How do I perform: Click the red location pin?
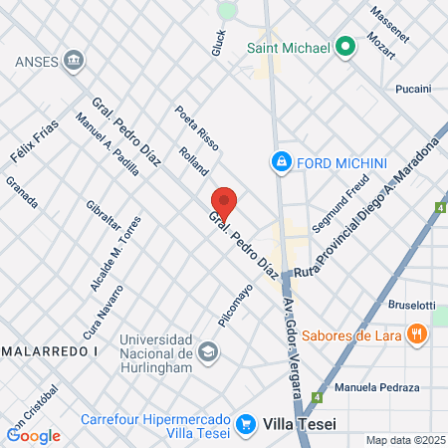pyautogui.click(x=224, y=202)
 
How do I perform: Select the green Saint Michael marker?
pyautogui.click(x=345, y=46)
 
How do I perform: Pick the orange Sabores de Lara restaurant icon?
pyautogui.click(x=416, y=335)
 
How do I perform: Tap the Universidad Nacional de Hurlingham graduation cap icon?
pyautogui.click(x=208, y=350)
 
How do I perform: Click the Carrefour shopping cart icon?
pyautogui.click(x=246, y=424)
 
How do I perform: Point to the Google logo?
pyautogui.click(x=33, y=435)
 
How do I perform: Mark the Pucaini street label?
pyautogui.click(x=411, y=89)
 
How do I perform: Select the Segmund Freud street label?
pyautogui.click(x=339, y=205)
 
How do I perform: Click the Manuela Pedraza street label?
pyautogui.click(x=377, y=386)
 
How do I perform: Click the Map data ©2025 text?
pyautogui.click(x=402, y=440)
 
